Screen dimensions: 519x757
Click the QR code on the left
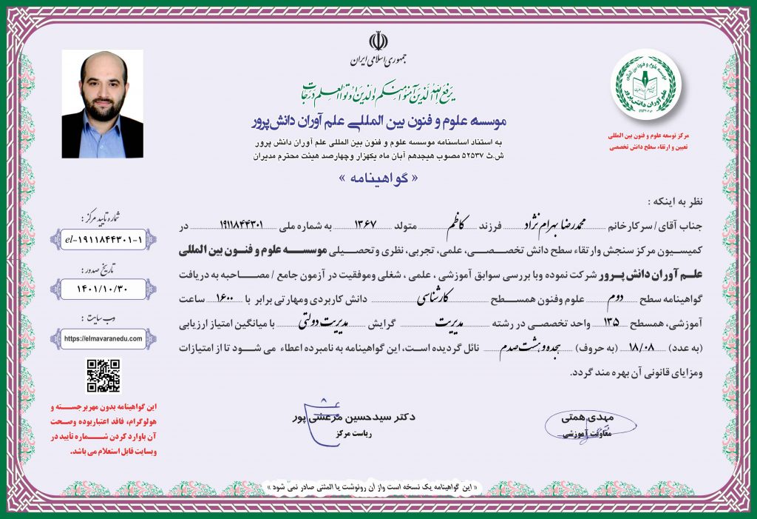point(103,375)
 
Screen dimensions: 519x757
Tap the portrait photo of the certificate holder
point(102,104)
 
